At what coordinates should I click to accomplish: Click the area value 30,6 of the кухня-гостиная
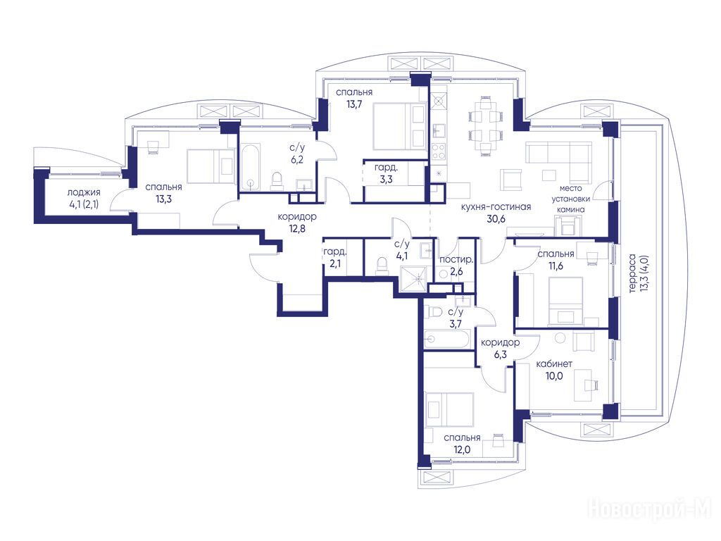(496, 219)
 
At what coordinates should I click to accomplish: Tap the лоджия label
(84, 193)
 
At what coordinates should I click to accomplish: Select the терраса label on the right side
(633, 273)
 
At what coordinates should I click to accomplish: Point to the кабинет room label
(554, 364)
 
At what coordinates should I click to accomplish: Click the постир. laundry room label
(456, 260)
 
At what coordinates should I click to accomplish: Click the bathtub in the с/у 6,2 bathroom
(251, 168)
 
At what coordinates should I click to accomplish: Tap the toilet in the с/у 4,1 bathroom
(381, 266)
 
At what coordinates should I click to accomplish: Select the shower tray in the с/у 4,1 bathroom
(416, 278)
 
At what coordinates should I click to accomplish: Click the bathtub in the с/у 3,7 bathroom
(447, 340)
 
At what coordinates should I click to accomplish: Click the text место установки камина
(571, 199)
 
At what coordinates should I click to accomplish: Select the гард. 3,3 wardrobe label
(386, 173)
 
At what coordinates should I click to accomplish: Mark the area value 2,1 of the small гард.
(334, 264)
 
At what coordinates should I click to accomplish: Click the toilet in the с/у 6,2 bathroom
(276, 180)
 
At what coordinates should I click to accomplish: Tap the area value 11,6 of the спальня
(556, 266)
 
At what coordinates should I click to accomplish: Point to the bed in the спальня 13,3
(211, 166)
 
